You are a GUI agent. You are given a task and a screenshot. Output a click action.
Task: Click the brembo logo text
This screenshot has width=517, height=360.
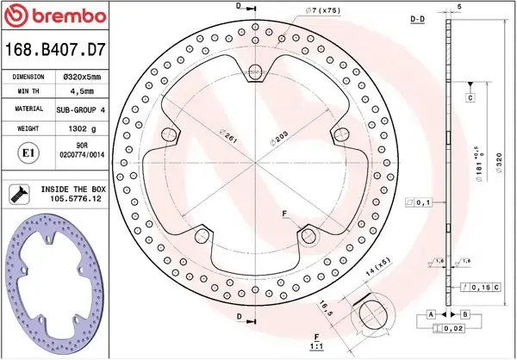59,17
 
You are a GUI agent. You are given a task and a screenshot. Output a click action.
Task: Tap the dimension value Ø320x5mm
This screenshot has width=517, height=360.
79,77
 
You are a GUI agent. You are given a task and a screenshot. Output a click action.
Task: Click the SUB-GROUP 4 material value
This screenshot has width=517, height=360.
79,110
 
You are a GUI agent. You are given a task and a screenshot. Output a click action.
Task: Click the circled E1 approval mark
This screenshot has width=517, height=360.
26,152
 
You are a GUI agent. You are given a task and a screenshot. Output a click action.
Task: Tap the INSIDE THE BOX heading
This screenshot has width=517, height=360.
72,188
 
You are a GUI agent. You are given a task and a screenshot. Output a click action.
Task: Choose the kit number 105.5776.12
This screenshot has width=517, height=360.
72,199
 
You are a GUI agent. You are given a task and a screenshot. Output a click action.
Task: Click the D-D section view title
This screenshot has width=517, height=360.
416,17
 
